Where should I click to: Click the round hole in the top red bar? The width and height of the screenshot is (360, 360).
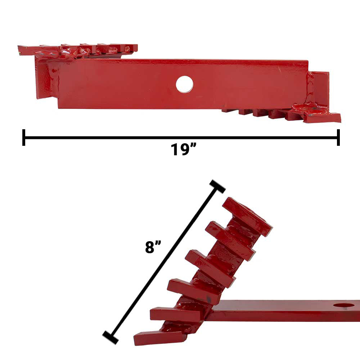point(184,84)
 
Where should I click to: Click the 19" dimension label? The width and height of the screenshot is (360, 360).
point(184,149)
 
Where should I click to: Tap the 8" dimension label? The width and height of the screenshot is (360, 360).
point(153,247)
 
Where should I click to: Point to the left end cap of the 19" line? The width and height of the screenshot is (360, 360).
point(24,137)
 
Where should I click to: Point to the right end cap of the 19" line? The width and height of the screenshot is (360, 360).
point(338,137)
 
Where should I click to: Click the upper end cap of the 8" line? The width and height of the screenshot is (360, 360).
point(217,186)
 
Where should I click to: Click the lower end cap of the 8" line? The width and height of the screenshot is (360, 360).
point(111,338)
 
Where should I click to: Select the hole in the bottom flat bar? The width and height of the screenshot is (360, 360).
point(343,306)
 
